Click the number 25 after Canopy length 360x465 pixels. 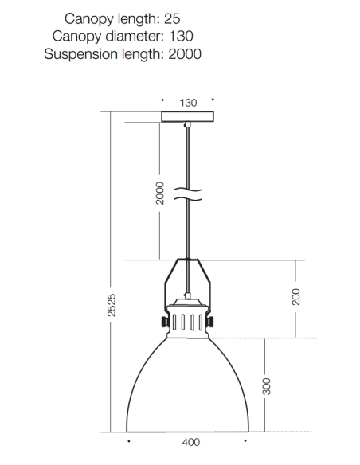point(172,18)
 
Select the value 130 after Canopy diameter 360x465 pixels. point(181,36)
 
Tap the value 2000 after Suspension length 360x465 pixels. point(185,54)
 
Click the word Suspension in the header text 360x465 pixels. point(81,55)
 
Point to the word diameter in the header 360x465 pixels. point(135,36)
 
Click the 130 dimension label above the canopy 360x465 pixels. point(188,103)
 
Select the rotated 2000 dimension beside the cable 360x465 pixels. point(160,193)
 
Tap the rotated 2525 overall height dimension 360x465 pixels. point(112,305)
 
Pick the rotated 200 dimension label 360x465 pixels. point(296,296)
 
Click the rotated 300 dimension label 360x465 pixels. point(267,386)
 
